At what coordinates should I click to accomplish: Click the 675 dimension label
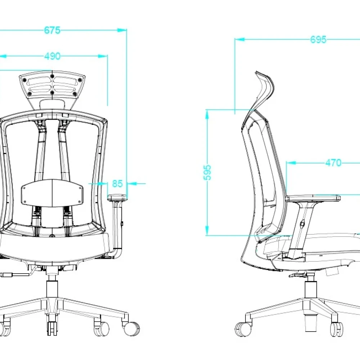[x=52, y=30]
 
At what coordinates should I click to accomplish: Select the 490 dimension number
[x=52, y=56]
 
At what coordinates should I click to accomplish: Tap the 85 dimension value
[x=117, y=184]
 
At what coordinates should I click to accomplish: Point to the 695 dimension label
[x=318, y=40]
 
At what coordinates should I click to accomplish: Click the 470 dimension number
[x=333, y=163]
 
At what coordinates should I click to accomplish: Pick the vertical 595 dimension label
[x=207, y=172]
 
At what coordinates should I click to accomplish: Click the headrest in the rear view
[x=52, y=90]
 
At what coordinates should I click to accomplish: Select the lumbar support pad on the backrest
[x=52, y=193]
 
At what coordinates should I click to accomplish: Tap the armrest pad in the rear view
[x=117, y=197]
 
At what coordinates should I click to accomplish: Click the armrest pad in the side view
[x=313, y=198]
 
